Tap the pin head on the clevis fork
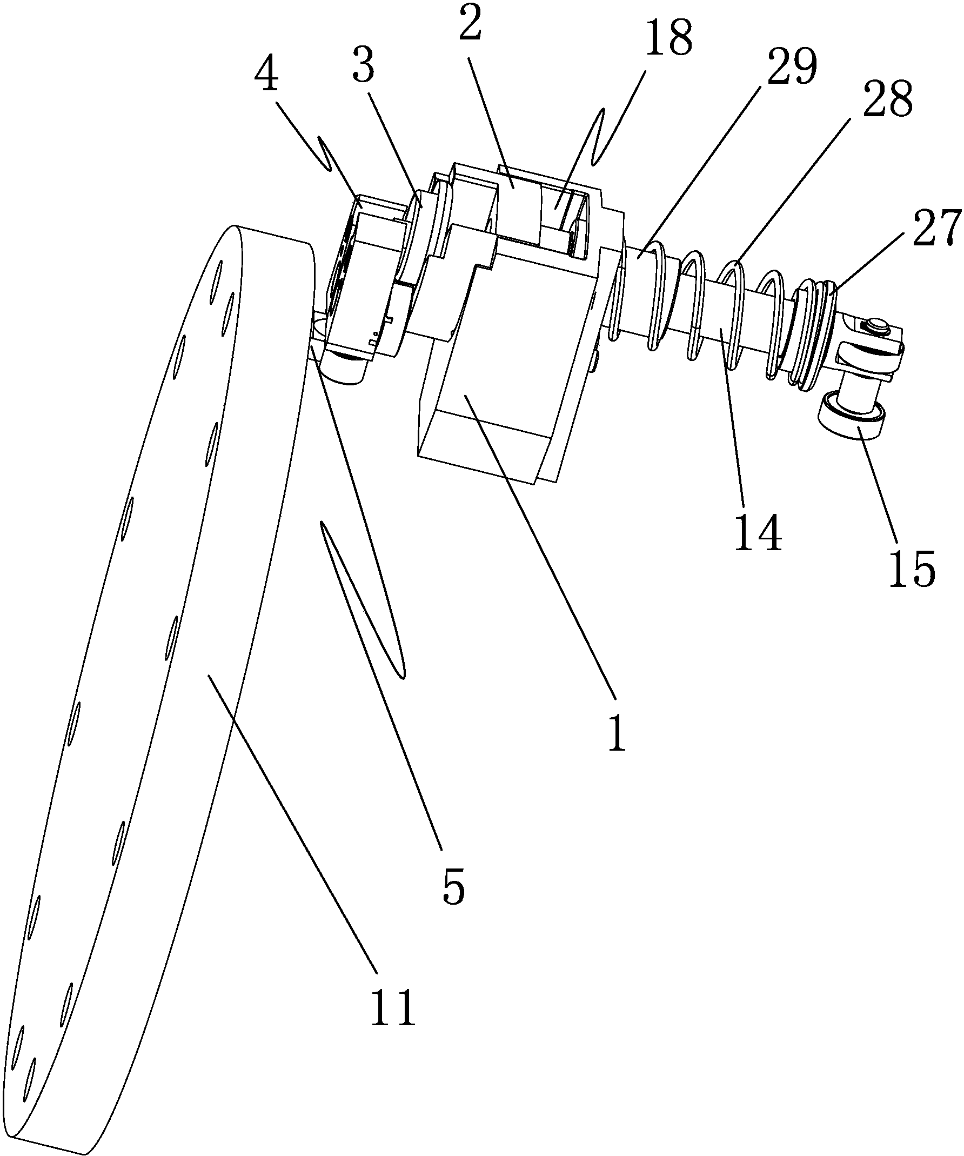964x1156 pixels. point(876,326)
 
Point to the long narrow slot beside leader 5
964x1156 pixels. point(361,600)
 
